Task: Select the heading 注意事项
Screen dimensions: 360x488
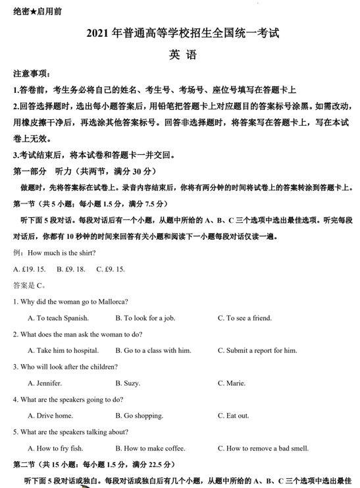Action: coord(32,73)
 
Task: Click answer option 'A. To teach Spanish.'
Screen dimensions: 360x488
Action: coord(58,318)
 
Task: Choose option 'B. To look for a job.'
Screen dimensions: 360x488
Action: coord(145,318)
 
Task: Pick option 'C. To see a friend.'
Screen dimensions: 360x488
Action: coord(244,318)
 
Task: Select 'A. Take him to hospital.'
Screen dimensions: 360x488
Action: coord(63,350)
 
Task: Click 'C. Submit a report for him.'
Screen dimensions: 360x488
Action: coord(257,350)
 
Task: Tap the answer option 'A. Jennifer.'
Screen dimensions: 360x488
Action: coord(45,383)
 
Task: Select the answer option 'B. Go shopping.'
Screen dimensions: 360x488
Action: coord(139,416)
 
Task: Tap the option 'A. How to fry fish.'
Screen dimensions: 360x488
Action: coord(55,448)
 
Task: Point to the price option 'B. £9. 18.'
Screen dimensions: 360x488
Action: coord(71,269)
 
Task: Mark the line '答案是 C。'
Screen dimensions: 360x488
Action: coord(29,285)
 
